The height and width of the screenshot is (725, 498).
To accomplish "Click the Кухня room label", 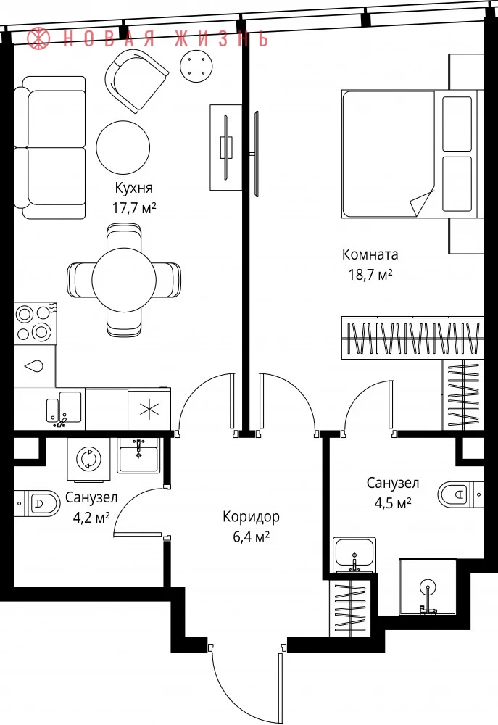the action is [133, 188].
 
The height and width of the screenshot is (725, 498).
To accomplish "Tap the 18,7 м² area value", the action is [370, 275].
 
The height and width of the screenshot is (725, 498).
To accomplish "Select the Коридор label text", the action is [251, 516].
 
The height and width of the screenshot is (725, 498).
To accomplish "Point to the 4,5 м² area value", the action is [393, 502].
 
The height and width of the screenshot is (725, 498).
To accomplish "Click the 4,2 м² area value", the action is [91, 517].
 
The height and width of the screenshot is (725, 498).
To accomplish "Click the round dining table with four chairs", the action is [124, 280].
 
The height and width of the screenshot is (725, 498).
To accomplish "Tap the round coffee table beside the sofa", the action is [123, 148].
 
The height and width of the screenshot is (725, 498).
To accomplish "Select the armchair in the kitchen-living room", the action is [136, 80].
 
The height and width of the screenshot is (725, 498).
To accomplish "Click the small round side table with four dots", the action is [196, 66].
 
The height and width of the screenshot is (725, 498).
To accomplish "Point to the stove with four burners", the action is [35, 323].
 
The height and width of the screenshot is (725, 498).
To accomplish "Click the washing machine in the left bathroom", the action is [88, 459].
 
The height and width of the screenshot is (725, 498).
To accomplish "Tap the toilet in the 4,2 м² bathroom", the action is [38, 503].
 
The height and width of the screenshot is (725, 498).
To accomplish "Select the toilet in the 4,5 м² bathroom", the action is [460, 494].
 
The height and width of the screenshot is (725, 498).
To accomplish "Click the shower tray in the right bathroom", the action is [428, 587].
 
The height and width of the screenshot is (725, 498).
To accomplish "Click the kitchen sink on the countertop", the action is [64, 407].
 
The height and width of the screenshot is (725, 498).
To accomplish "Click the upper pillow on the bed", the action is [457, 123].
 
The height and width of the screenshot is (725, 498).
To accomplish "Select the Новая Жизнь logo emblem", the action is [38, 38].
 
